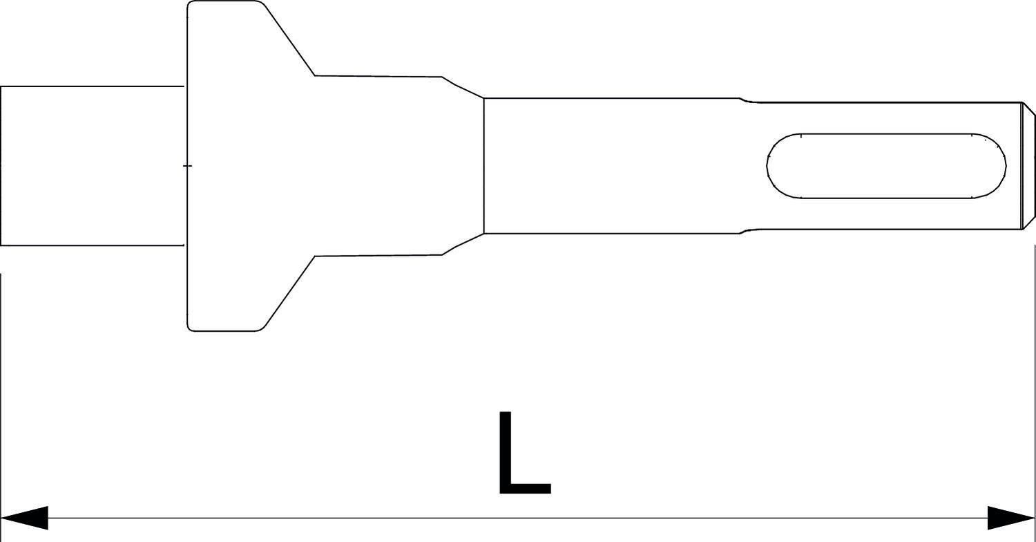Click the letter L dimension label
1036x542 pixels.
click(524, 455)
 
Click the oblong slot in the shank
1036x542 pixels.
click(886, 166)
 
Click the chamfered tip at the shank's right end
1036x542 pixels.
click(1028, 166)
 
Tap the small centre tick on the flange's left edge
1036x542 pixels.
click(187, 166)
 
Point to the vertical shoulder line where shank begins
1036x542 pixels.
click(483, 166)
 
